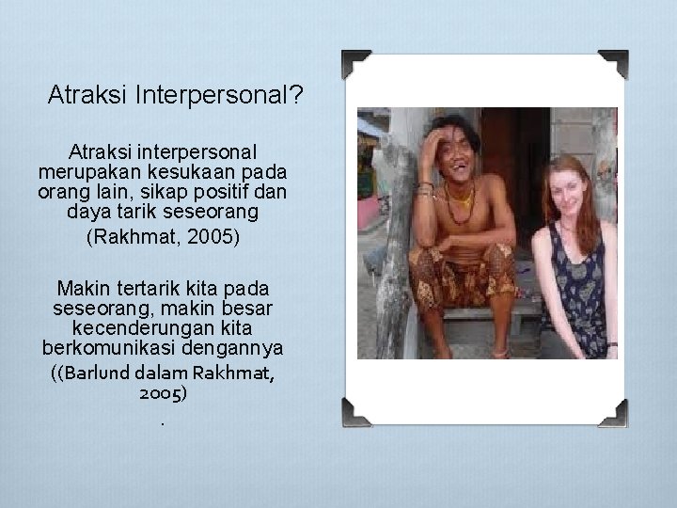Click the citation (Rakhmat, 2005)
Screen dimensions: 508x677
[x=163, y=235]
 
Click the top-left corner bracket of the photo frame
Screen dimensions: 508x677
[x=355, y=64]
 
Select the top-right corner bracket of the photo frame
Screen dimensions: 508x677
[x=612, y=64]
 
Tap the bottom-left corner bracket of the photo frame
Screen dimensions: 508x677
[x=355, y=411]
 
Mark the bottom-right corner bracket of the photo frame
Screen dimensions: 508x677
[x=612, y=411]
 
